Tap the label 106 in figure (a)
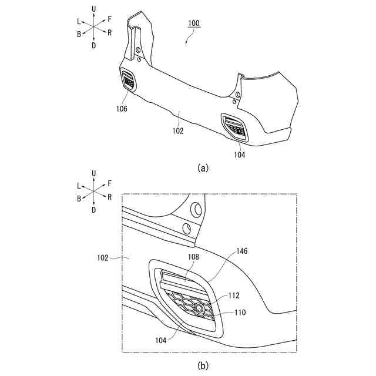pos(122,109)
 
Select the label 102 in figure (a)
pos(179,131)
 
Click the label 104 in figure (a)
pos(239,155)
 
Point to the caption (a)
pos(203,167)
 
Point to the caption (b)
pos(203,365)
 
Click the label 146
pos(242,251)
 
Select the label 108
pos(194,257)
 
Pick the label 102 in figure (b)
pos(103,257)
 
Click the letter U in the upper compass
pos(94,8)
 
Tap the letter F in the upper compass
pos(109,19)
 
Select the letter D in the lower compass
pos(94,210)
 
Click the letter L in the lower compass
pos(79,185)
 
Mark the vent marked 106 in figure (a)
pos(129,79)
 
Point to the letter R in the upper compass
pos(110,32)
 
